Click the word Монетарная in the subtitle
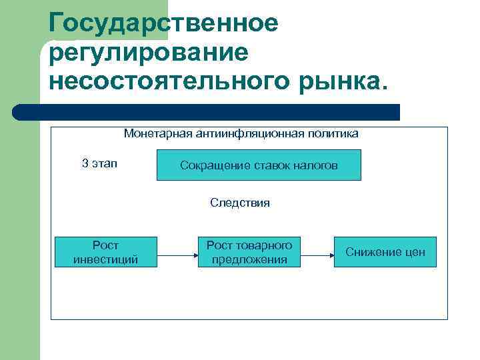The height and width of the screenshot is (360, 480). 158,133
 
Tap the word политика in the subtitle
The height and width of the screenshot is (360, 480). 333,133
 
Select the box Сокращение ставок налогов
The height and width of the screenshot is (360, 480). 259,165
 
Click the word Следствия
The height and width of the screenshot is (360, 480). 240,203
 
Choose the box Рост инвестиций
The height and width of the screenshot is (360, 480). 105,252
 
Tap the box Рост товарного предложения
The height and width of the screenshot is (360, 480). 249,252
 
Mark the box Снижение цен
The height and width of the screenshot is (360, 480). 385,252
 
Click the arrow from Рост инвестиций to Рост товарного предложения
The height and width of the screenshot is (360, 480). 177,254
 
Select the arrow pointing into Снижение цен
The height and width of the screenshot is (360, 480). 317,254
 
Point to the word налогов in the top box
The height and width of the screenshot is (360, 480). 317,165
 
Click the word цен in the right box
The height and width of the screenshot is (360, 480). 414,253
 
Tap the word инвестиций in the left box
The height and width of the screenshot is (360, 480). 105,259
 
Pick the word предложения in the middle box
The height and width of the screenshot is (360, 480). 249,259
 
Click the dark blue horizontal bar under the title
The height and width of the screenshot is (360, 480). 207,112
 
